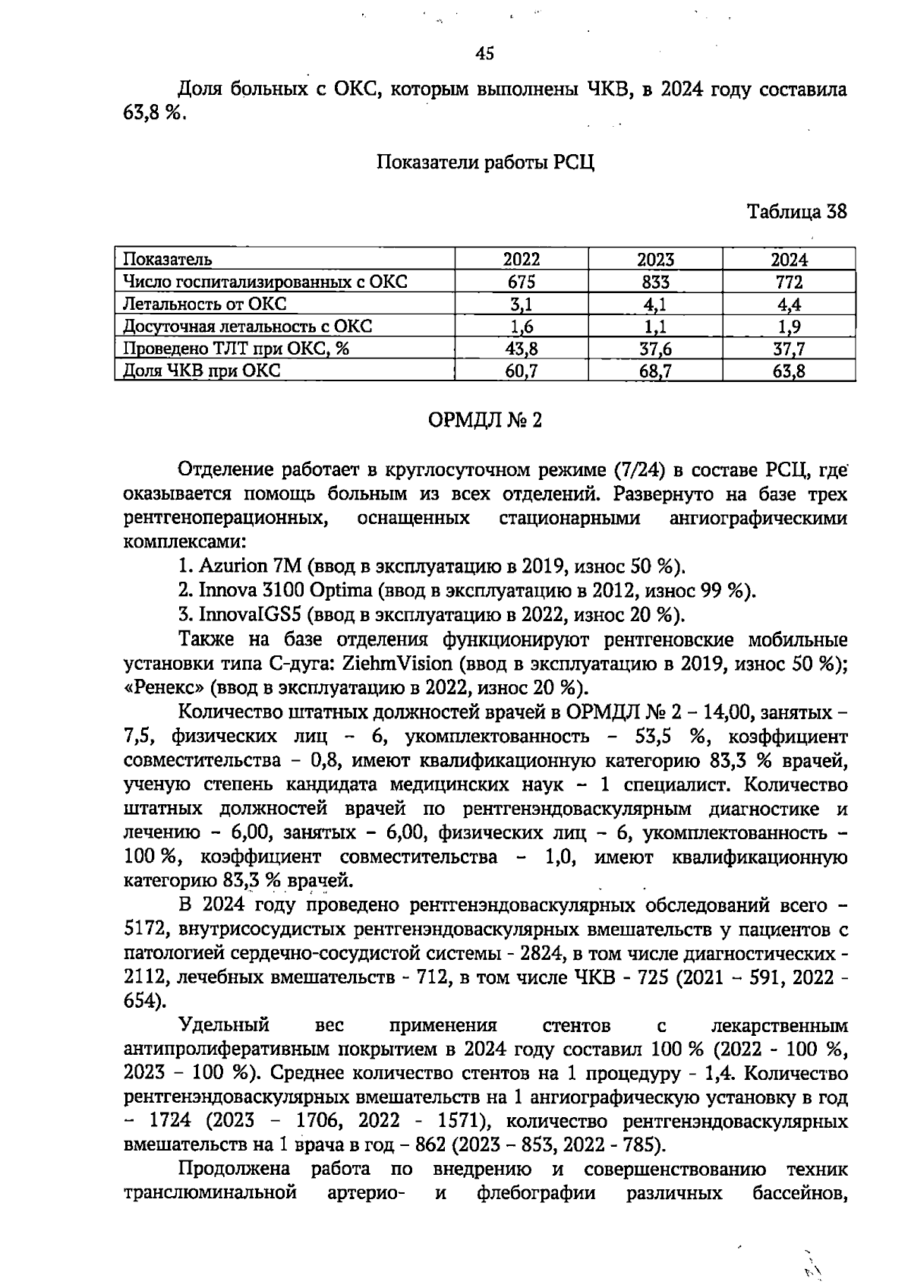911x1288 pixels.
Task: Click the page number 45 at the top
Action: coord(484,53)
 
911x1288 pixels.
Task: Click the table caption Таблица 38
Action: coord(796,212)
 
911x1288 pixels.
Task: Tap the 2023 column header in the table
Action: coord(655,259)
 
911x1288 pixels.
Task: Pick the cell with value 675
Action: coord(522,282)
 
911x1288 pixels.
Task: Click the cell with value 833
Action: coord(655,282)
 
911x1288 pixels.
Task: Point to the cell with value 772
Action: coord(788,282)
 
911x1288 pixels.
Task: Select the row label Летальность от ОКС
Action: coord(205,304)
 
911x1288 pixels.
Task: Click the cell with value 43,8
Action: coord(522,349)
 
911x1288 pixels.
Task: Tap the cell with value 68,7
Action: coord(655,371)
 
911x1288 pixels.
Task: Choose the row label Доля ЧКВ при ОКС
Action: coord(202,371)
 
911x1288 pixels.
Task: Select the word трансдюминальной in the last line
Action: coord(210,1193)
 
